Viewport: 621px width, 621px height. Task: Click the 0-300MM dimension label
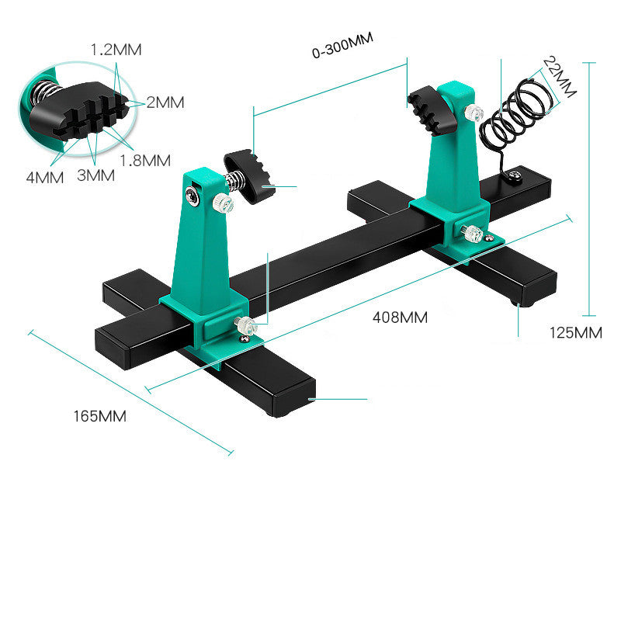[342, 52]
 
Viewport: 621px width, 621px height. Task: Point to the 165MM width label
[99, 415]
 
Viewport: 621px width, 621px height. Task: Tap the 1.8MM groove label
[145, 161]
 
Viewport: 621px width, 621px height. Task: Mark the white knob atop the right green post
[470, 113]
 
